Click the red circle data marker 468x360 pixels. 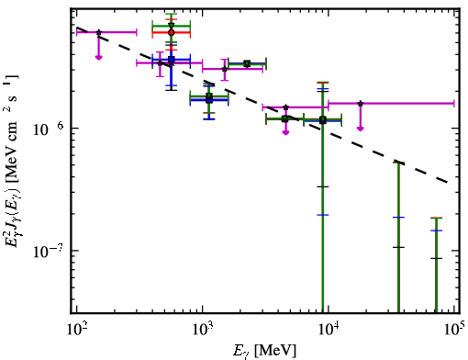tap(172, 32)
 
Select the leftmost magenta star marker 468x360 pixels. tap(98, 32)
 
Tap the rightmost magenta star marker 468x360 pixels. tap(361, 104)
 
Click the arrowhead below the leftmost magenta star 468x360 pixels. tap(98, 57)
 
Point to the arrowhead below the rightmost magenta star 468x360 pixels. tap(361, 129)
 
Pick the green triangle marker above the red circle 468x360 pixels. tap(172, 26)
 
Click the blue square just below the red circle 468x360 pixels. tap(172, 60)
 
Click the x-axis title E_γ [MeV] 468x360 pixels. tap(264, 351)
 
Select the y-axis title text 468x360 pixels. tap(13, 160)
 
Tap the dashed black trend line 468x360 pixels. tap(262, 105)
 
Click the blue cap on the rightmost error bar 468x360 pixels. tap(436, 231)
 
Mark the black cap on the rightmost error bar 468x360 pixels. tap(436, 258)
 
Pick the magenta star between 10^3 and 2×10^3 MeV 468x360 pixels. tap(225, 69)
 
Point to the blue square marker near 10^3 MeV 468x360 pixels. tap(209, 99)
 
